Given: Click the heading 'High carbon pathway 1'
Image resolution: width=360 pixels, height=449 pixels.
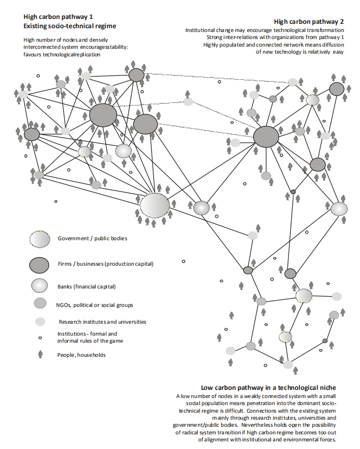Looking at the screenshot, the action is pyautogui.click(x=58, y=17).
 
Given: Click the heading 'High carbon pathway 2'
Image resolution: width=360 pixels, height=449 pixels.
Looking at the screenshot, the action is pyautogui.click(x=308, y=22).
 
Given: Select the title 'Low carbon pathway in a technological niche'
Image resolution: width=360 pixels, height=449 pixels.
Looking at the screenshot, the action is pyautogui.click(x=268, y=388).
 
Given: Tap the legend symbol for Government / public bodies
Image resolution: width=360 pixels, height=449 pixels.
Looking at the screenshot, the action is pyautogui.click(x=40, y=239).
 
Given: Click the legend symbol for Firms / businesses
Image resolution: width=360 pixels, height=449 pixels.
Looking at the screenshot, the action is pyautogui.click(x=39, y=265).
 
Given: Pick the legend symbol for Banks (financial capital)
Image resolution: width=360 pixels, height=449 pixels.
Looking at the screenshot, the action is pyautogui.click(x=40, y=286).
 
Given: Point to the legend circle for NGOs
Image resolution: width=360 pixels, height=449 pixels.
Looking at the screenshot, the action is pyautogui.click(x=40, y=303).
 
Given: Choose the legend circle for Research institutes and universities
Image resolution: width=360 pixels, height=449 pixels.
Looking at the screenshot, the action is pyautogui.click(x=40, y=322).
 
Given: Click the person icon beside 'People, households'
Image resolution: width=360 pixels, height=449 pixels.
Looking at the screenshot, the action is pyautogui.click(x=40, y=354).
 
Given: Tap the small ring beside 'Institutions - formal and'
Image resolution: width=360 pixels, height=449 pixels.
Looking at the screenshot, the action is pyautogui.click(x=40, y=338).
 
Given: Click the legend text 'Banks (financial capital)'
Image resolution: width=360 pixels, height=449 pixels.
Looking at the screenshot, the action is pyautogui.click(x=87, y=287).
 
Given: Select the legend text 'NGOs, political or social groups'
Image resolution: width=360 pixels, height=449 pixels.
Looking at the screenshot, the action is pyautogui.click(x=94, y=305).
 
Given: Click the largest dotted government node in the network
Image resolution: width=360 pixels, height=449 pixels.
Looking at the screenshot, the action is pyautogui.click(x=155, y=206).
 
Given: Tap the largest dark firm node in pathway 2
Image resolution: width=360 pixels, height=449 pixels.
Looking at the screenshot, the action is pyautogui.click(x=266, y=137).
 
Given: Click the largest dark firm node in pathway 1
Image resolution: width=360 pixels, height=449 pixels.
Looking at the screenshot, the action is pyautogui.click(x=103, y=115).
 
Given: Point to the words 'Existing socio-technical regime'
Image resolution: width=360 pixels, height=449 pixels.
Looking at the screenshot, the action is pyautogui.click(x=70, y=26).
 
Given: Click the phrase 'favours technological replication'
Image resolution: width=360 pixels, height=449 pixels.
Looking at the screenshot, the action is pyautogui.click(x=62, y=54).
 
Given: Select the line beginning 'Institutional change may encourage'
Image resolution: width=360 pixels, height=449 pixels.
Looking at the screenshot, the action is pyautogui.click(x=265, y=30).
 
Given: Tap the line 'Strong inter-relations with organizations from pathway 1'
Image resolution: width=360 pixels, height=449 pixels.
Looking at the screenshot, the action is pyautogui.click(x=275, y=37).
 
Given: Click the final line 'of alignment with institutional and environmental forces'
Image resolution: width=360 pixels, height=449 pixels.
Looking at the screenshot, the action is pyautogui.click(x=267, y=440).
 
